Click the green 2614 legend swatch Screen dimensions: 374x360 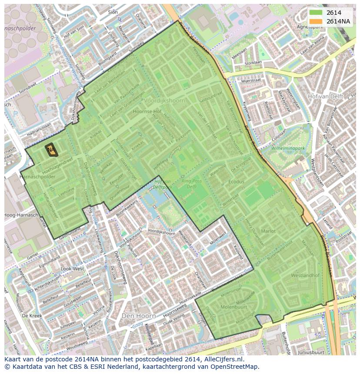pos(316,13)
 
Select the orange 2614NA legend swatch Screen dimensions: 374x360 pos(316,21)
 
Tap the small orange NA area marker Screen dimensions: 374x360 pos(51,150)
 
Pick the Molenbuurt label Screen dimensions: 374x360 pos(234,307)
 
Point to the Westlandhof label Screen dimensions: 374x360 pos(305,275)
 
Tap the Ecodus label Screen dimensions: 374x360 pos(237,182)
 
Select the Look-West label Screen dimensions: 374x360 pos(72,269)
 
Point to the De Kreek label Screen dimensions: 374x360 pos(31,315)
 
